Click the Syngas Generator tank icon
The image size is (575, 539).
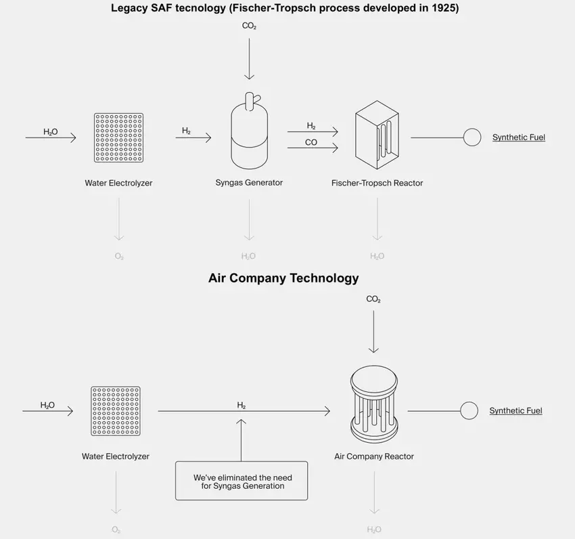pos(249,133)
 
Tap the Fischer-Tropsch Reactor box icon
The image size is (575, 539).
pos(377,135)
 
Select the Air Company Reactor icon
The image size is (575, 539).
pos(373,402)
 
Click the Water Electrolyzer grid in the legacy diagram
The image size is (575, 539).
pos(118,137)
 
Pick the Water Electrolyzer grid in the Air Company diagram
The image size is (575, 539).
pos(116,411)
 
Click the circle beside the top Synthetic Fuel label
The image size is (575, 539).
pos(472,137)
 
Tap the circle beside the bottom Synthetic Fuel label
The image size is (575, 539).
pos(469,410)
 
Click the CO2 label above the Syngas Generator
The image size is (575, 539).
pos(249,26)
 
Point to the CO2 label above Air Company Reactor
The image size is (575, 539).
pos(373,299)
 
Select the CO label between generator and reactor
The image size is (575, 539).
pos(311,143)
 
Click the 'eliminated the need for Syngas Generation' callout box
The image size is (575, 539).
pos(241,481)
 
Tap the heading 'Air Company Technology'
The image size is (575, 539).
pos(283,278)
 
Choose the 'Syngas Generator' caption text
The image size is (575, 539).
pos(249,182)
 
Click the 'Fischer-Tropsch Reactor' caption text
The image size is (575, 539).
pos(377,183)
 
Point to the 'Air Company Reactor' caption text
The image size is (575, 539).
pos(374,456)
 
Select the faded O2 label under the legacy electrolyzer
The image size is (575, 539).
pos(119,257)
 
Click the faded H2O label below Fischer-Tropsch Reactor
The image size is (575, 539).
pos(377,257)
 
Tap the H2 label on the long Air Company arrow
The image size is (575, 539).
pos(241,406)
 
